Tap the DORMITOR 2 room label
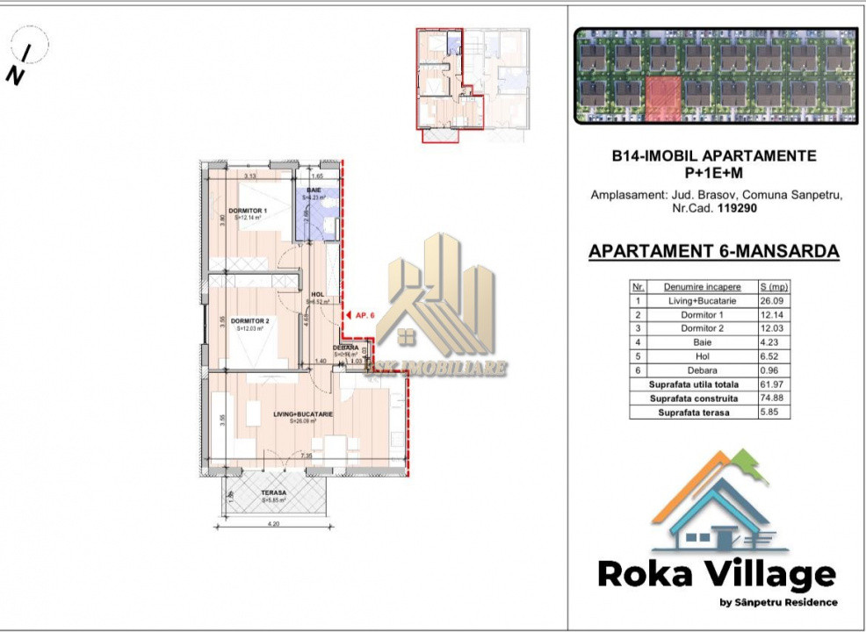[x=250, y=321]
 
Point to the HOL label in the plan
[x=318, y=294]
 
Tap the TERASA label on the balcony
[x=273, y=492]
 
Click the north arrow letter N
[x=15, y=76]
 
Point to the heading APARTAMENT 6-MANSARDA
[x=713, y=252]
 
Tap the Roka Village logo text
[x=716, y=574]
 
